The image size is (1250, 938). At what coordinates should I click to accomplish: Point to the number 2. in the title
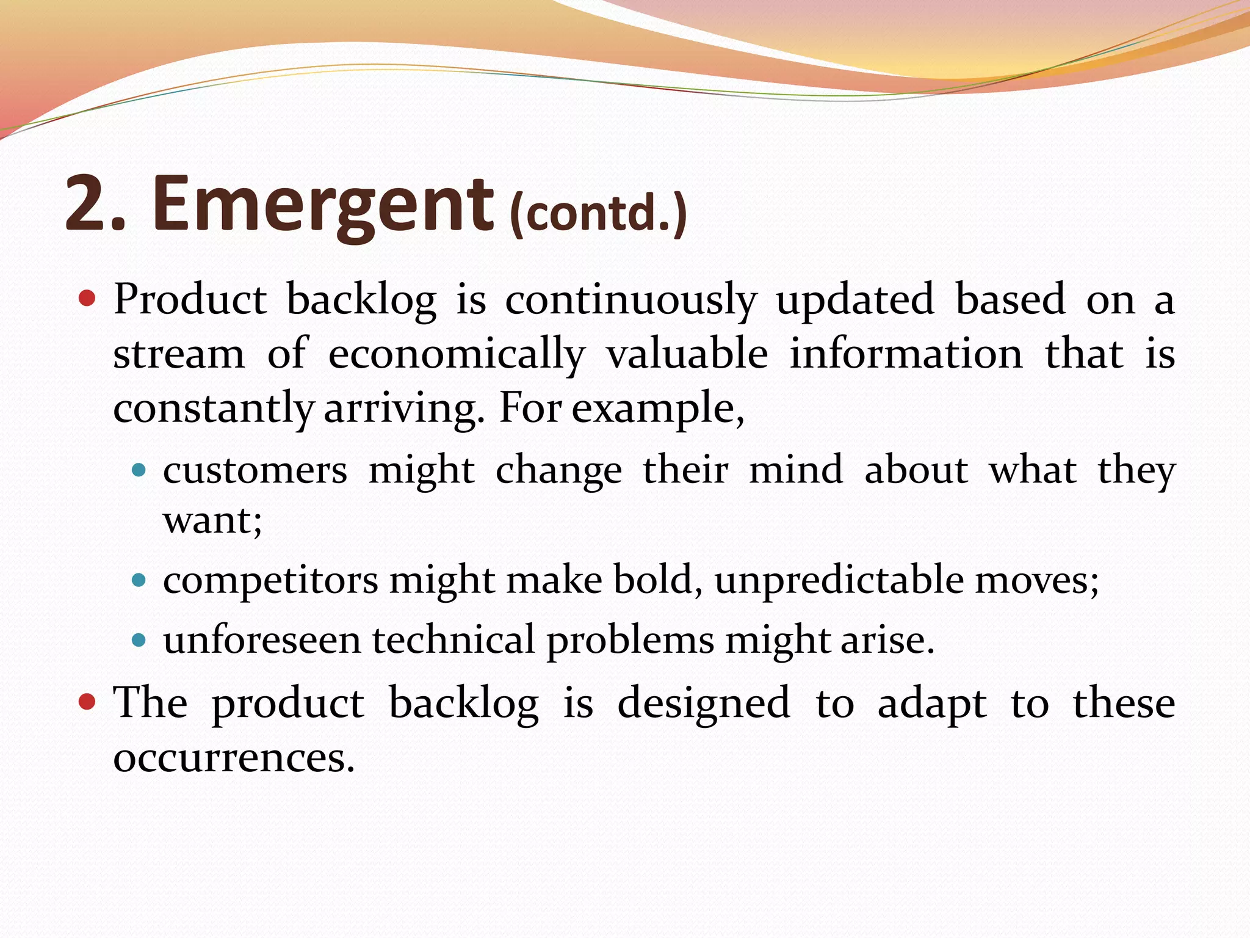pos(95,205)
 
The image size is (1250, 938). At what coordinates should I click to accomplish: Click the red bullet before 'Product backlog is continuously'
pos(88,298)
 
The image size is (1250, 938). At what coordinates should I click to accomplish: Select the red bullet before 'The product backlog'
pos(88,702)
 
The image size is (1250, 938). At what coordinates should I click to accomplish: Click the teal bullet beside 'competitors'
pos(139,580)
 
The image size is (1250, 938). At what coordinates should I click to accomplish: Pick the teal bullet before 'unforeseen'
pos(139,640)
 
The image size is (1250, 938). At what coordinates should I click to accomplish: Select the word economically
pos(457,355)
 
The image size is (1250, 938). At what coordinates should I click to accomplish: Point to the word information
pos(906,354)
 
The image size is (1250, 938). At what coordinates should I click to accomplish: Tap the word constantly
pos(214,409)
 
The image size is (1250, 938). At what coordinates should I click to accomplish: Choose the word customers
pos(255,471)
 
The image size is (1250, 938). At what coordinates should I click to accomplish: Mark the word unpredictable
pos(839,580)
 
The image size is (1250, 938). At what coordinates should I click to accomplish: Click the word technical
pos(453,640)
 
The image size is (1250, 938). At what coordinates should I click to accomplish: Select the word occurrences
pos(234,757)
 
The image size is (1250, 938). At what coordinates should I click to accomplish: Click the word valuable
pos(687,354)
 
